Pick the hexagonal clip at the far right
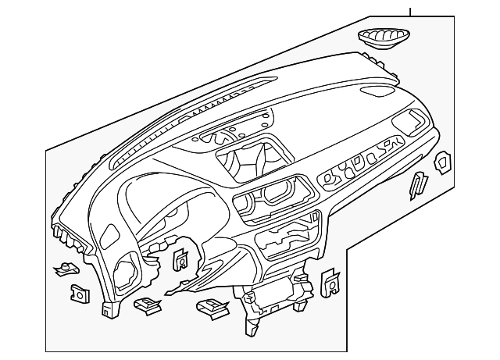443,162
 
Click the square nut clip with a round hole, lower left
79,293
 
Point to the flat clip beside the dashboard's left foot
145,304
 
